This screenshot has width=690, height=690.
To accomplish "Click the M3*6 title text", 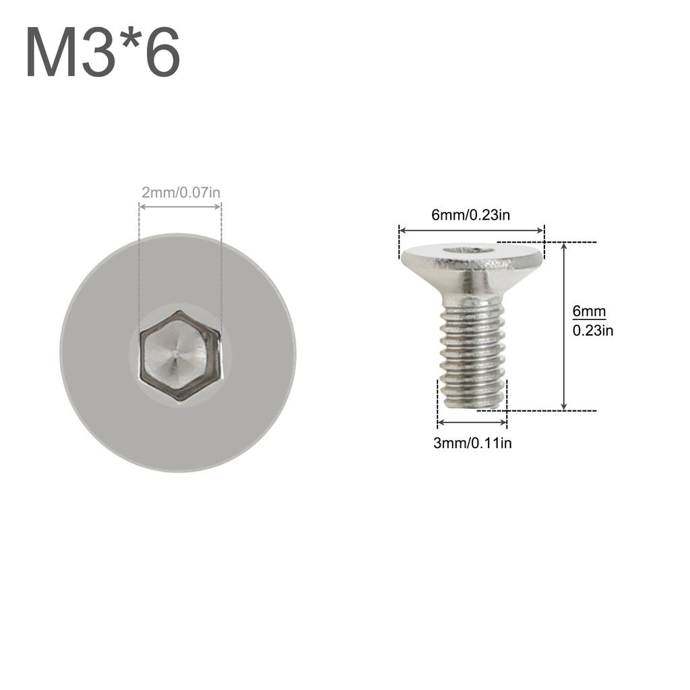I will click(x=103, y=53).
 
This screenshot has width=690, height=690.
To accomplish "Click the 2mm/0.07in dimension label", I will click(x=181, y=192).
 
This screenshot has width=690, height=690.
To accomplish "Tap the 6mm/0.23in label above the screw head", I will click(x=471, y=215).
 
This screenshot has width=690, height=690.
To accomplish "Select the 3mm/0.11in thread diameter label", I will click(x=472, y=443).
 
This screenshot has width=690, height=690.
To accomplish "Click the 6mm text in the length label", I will click(x=589, y=311).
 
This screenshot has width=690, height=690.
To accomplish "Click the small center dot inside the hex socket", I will click(x=175, y=351).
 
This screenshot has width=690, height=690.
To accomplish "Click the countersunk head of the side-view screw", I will click(x=472, y=266).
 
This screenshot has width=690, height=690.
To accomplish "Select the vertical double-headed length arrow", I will click(x=565, y=326).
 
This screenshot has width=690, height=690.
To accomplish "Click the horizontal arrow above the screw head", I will click(x=472, y=230).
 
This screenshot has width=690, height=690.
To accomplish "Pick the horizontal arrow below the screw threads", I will click(x=472, y=422).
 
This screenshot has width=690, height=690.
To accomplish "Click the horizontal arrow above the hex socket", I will click(x=180, y=206).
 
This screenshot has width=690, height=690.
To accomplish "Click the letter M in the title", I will click(x=51, y=53).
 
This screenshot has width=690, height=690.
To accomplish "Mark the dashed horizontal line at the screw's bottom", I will click(x=546, y=410).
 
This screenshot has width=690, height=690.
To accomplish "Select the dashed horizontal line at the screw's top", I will click(x=546, y=241).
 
